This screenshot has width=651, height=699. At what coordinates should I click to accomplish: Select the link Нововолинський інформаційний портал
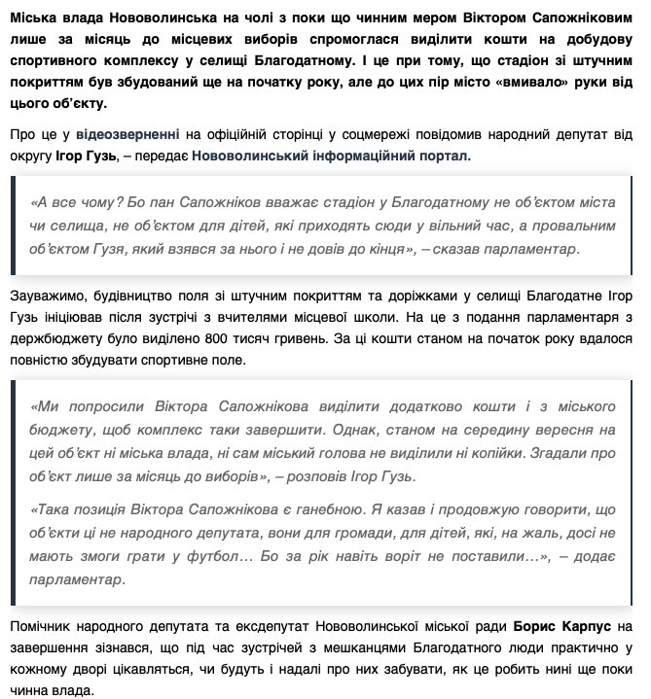(331, 155)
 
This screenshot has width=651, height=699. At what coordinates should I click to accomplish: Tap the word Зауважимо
(49, 294)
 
